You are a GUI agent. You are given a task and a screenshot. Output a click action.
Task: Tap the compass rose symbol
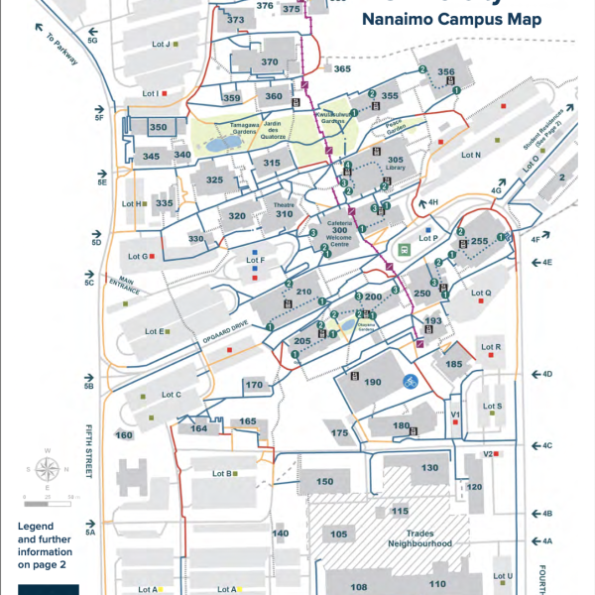pos(46,469)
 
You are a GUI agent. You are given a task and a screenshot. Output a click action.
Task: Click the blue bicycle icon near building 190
pos(408,381)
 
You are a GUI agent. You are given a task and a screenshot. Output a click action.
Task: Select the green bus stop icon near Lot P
pos(404,249)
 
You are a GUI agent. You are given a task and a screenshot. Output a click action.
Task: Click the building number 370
pos(270,61)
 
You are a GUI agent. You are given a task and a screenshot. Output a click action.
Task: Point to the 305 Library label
pos(395,165)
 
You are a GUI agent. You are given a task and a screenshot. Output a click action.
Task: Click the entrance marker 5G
pos(92,41)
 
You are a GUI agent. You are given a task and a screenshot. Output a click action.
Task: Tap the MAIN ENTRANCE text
pos(131,287)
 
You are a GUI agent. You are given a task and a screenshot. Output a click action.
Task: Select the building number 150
pos(325,481)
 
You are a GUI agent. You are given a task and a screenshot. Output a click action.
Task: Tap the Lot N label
pos(470,155)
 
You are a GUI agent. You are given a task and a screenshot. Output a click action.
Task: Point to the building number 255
pos(480,241)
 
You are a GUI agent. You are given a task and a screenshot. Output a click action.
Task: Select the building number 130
pos(429,467)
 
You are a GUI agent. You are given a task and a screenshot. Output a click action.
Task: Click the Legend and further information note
pos(45,545)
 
